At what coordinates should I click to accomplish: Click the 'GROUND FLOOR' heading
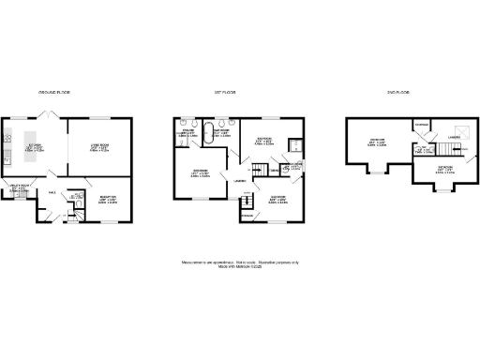[x=53, y=93]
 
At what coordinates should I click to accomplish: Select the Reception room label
[x=110, y=200]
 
